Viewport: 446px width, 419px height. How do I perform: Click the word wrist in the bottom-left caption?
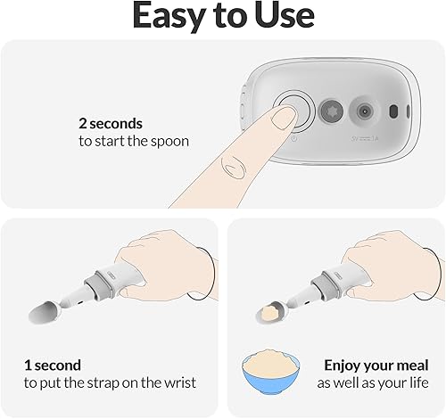point(177,383)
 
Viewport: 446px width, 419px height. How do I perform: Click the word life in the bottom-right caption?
point(424,383)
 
